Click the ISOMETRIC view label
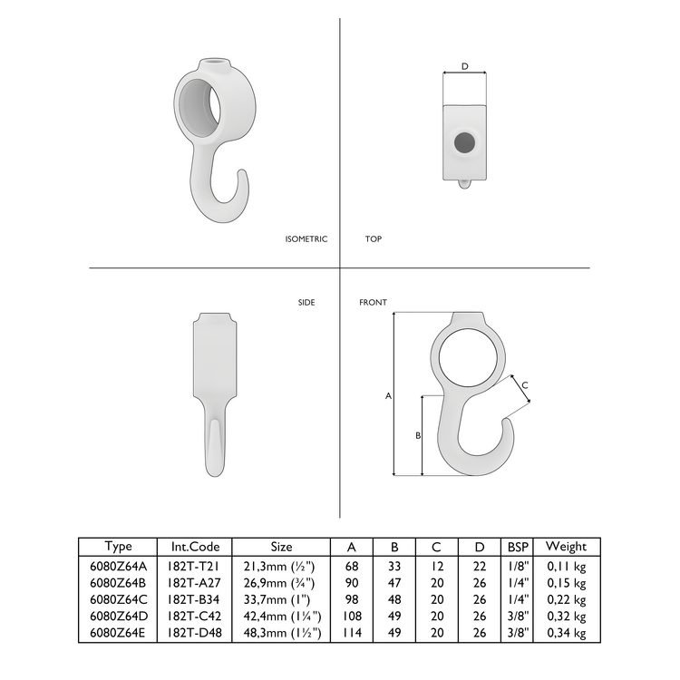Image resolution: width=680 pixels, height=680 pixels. coord(306,239)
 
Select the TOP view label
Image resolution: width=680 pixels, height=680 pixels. coord(373,239)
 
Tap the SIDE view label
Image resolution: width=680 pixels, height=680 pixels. coord(306,302)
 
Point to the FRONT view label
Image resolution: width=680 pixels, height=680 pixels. coord(373,302)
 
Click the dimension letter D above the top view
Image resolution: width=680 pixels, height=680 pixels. coord(465,66)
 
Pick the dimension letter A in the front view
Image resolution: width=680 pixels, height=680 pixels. coord(388,396)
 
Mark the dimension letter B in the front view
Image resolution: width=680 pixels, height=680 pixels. coord(417,436)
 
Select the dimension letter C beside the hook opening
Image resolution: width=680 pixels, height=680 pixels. coord(525,385)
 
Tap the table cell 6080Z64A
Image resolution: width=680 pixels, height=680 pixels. coord(118,564)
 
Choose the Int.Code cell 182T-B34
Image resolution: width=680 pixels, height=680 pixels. coord(194,598)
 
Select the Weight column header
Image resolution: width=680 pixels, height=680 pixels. coord(567,547)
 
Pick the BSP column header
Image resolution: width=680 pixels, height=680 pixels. coord(518,547)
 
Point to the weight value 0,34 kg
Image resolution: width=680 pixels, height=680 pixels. coord(567,633)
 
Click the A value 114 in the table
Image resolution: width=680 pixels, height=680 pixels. coord(351,633)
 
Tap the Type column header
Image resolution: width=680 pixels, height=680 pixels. coord(118,547)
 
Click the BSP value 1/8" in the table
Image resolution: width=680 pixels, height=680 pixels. coord(518,564)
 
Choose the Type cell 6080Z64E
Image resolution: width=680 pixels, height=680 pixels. coord(118,633)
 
